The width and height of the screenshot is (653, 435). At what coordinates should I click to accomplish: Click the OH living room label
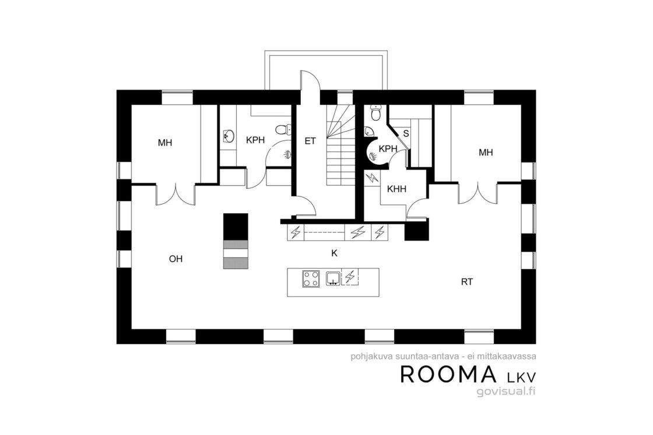pos(175,259)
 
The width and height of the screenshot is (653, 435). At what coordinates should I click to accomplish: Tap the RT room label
pos(467,281)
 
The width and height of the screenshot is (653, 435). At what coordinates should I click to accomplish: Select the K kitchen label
pos(334,253)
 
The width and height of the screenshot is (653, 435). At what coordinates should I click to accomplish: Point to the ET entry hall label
pos(310,141)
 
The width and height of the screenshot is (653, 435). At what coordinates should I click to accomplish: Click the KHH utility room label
pos(396,189)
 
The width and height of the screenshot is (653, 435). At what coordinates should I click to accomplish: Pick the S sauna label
pos(406,134)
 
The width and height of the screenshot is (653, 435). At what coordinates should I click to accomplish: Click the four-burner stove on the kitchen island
pos(311,278)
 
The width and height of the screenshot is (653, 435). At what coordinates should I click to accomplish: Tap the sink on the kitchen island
pos(333,278)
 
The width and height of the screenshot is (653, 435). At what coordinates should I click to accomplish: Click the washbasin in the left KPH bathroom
pos(228,136)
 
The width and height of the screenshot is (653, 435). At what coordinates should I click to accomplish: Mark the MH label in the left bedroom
pos(165,143)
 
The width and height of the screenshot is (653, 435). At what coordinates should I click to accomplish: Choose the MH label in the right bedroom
pos(486,152)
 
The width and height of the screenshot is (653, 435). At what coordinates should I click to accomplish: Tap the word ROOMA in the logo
pos(448,374)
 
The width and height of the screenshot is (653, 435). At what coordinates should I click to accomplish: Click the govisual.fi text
pos(506,391)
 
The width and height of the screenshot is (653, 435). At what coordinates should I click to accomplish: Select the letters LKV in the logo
pos(521,376)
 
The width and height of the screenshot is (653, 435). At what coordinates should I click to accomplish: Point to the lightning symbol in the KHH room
pos(371,178)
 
